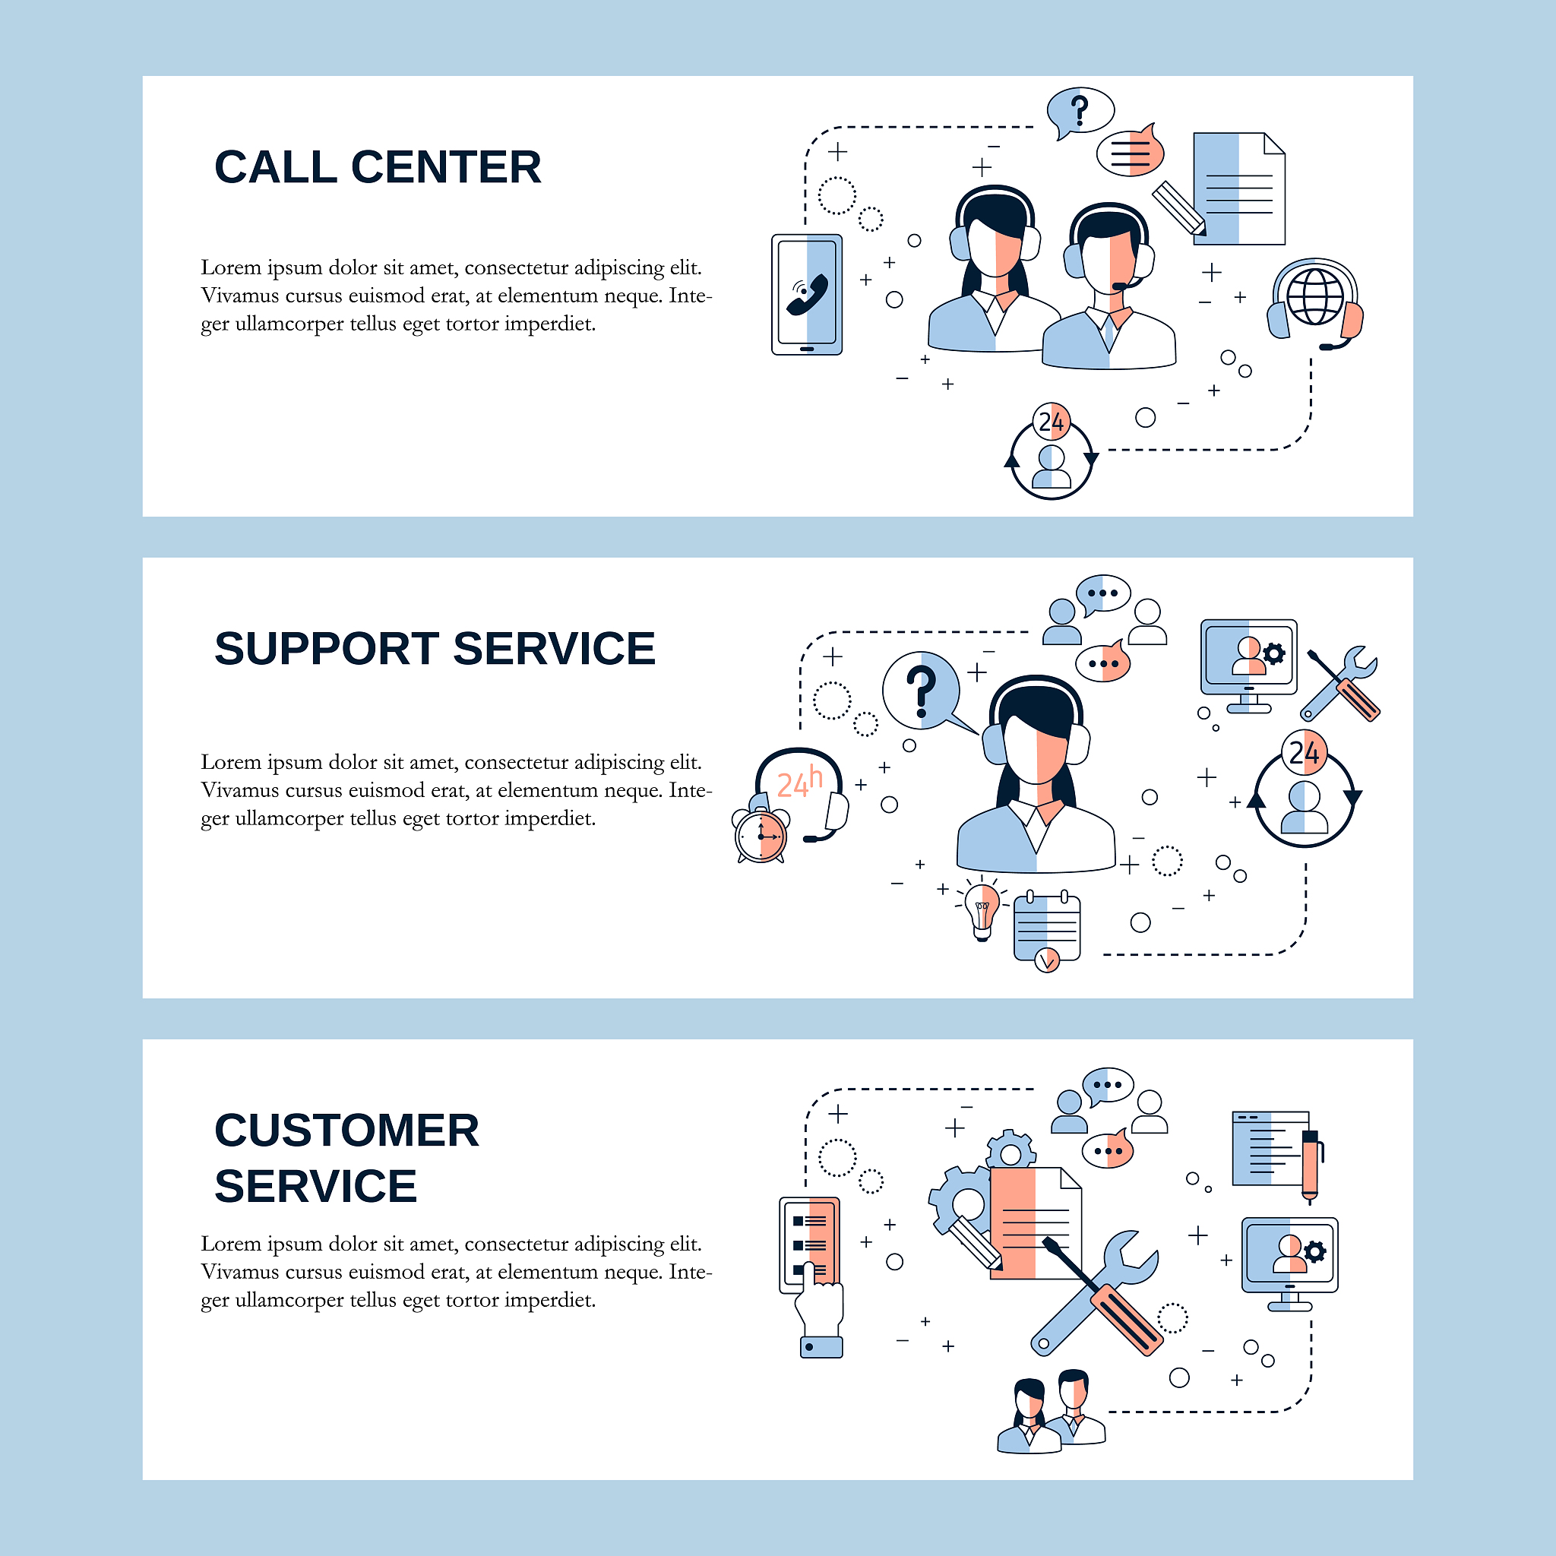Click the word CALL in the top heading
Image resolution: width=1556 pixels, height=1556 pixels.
(x=274, y=167)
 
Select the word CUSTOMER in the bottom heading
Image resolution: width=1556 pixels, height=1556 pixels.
(x=346, y=1131)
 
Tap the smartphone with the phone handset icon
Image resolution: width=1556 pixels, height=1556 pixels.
(x=806, y=295)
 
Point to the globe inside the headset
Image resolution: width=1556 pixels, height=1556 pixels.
(x=1314, y=296)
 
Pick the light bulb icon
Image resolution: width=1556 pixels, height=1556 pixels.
(x=982, y=909)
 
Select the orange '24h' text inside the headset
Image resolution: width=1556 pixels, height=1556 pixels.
(x=799, y=783)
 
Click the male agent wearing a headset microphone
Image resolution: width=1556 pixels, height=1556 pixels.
(x=1109, y=290)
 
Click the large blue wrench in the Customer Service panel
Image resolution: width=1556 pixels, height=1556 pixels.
(x=1096, y=1292)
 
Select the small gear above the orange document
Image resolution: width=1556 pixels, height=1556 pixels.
(x=1010, y=1150)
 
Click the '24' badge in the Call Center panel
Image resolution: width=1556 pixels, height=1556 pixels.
(x=1051, y=421)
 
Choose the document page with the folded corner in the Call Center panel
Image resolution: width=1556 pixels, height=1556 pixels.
(x=1238, y=189)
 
